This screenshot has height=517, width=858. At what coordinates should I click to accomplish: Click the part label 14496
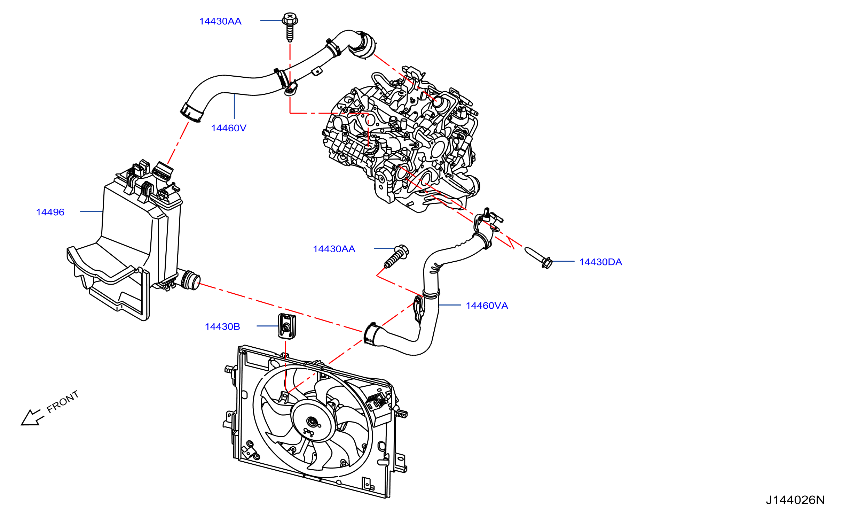click(x=50, y=212)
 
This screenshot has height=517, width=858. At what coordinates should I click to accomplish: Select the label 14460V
click(x=229, y=128)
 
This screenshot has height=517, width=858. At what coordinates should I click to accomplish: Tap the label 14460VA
click(x=487, y=306)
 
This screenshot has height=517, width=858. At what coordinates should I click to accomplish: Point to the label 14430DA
click(x=600, y=262)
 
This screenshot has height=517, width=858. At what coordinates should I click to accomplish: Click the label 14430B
click(x=222, y=327)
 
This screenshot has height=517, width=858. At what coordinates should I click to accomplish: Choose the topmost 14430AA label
click(x=220, y=21)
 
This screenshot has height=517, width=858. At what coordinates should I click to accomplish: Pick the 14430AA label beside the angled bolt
click(x=334, y=249)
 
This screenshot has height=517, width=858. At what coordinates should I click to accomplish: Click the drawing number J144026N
click(x=795, y=500)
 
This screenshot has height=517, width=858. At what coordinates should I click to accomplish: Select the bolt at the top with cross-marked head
click(x=290, y=27)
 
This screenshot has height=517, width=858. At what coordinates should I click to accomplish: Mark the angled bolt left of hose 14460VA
click(x=396, y=256)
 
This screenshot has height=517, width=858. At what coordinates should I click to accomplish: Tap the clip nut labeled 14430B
click(x=287, y=326)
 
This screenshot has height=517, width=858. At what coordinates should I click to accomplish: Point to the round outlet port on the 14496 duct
click(x=191, y=280)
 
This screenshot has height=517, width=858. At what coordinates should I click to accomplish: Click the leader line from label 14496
click(x=91, y=211)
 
